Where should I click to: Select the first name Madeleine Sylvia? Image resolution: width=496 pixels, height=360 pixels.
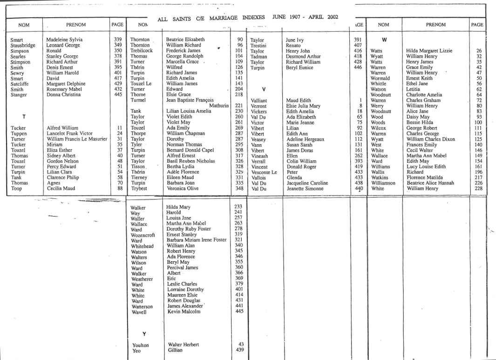tap(64, 40)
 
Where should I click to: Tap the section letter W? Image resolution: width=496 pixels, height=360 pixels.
tap(385, 40)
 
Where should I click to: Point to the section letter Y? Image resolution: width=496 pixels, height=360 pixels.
tap(145, 333)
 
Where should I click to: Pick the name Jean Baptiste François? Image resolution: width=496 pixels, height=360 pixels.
tap(190, 100)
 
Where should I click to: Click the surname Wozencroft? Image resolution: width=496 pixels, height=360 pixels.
tap(143, 235)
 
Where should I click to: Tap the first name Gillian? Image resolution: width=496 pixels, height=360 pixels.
tap(176, 350)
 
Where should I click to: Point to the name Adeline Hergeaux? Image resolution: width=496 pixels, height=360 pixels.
tap(306, 139)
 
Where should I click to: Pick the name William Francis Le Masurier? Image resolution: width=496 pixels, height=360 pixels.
tap(77, 139)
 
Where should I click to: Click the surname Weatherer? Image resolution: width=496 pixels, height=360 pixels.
tap(142, 279)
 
